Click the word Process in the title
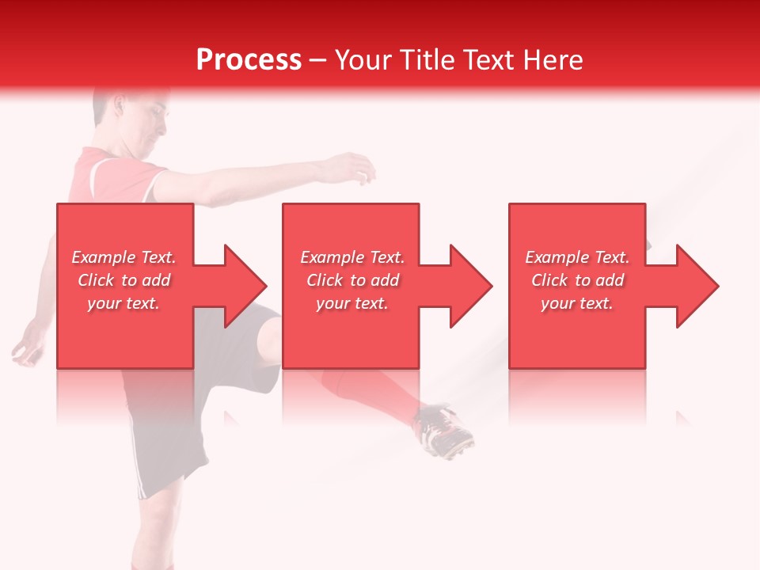[249, 59]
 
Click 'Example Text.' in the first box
[123, 257]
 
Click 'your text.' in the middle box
[352, 303]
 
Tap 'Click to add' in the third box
[577, 280]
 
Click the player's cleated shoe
[446, 431]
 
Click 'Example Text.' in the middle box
[352, 257]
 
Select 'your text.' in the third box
[577, 303]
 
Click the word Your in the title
[363, 59]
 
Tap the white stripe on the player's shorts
[141, 475]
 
